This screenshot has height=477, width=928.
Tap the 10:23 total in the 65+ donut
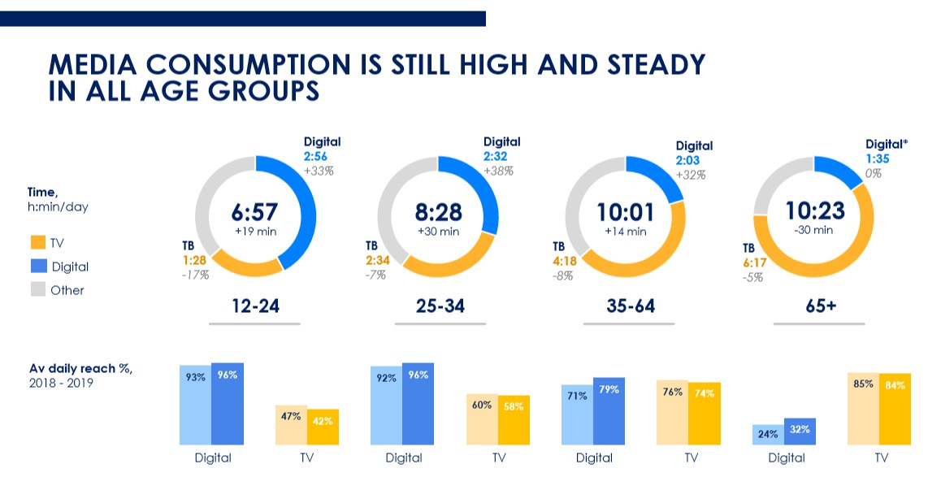[814, 210]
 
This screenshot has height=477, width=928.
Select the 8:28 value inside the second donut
[438, 212]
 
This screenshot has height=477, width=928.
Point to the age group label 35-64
[630, 306]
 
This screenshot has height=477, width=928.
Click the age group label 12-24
[254, 306]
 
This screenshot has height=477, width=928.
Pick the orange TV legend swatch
[38, 242]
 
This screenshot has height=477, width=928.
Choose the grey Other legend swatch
[38, 289]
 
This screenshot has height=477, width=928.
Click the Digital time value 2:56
[319, 157]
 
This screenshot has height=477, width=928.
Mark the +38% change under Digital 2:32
[500, 171]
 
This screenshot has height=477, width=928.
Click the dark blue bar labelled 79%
[609, 411]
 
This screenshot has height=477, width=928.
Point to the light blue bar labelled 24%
[768, 435]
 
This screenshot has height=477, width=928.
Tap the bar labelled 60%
[482, 419]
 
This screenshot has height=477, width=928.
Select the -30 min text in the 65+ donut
[814, 230]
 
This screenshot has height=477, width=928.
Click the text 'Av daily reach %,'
[80, 368]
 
